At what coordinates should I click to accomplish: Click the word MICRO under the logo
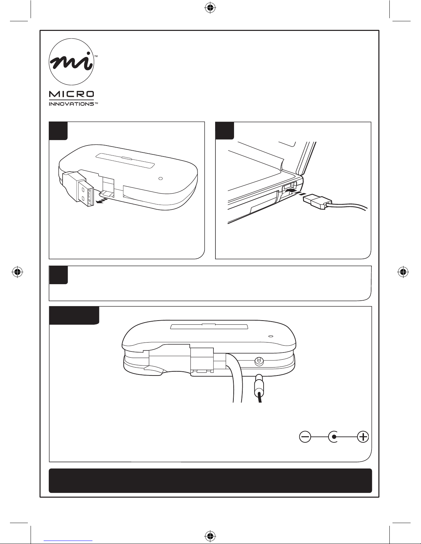(71, 94)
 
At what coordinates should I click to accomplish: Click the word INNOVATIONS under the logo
(71, 104)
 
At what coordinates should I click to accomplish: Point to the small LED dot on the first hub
(161, 178)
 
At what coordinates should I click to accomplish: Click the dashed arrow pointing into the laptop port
(296, 192)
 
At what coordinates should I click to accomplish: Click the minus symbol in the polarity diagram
(305, 437)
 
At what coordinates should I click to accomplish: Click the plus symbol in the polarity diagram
(363, 437)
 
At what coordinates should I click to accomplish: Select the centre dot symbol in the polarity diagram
(334, 437)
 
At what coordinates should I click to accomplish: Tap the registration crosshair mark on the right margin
(403, 272)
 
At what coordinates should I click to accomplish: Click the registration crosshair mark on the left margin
(18, 272)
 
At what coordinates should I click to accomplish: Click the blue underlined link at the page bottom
(68, 541)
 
